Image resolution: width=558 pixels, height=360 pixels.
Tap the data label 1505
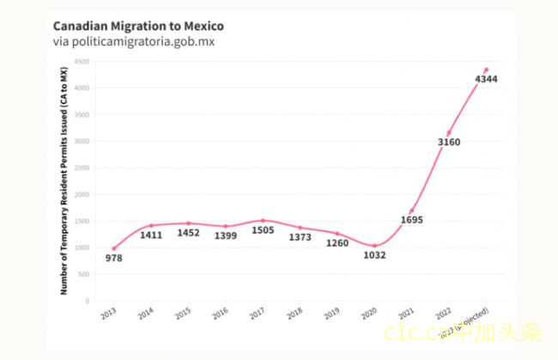pos(263,230)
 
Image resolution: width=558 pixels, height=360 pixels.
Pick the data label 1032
pos(374,254)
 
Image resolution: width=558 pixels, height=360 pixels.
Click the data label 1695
pos(412,221)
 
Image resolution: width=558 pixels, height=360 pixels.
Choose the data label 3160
pos(449,142)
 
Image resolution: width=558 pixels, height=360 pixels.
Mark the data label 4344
pos(487,79)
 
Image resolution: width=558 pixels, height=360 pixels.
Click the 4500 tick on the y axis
pos(82,62)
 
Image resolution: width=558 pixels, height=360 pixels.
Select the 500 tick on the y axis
pos(84,275)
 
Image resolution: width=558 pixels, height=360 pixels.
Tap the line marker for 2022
pos(449,132)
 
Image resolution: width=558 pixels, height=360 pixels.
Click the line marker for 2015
pos(189,223)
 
